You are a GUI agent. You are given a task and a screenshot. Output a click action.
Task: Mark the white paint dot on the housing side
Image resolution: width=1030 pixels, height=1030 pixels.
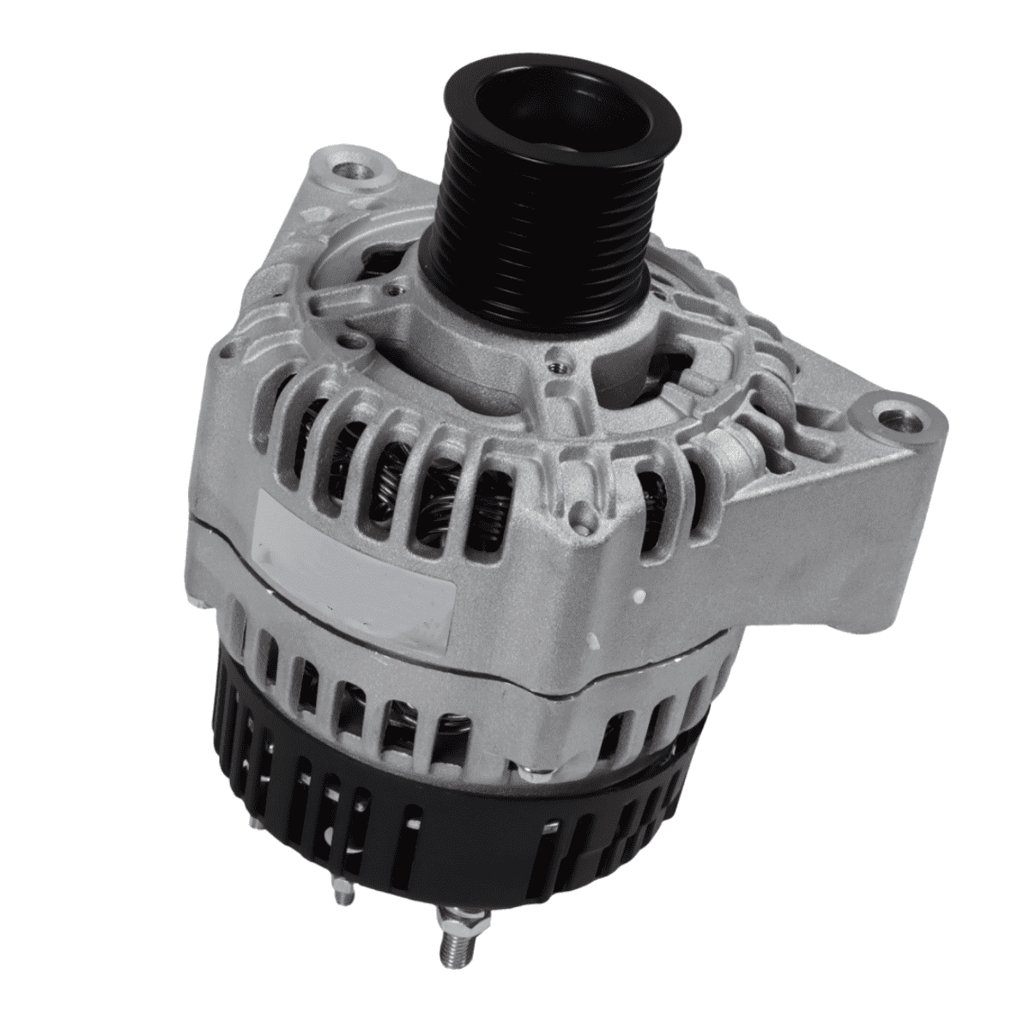[x=639, y=595]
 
